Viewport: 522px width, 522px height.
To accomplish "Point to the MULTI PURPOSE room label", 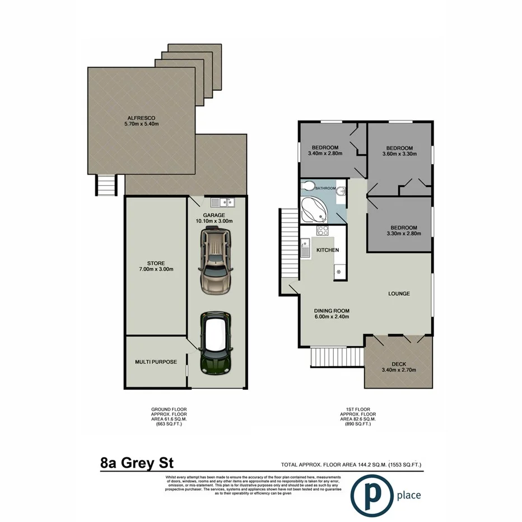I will [156, 362].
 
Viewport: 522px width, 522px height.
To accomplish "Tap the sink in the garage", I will [222, 202].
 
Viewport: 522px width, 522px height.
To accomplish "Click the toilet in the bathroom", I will [307, 187].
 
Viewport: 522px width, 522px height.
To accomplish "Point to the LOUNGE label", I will [399, 293].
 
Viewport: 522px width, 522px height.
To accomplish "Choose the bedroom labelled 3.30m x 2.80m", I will [403, 231].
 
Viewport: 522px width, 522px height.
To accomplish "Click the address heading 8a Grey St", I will [137, 463].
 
